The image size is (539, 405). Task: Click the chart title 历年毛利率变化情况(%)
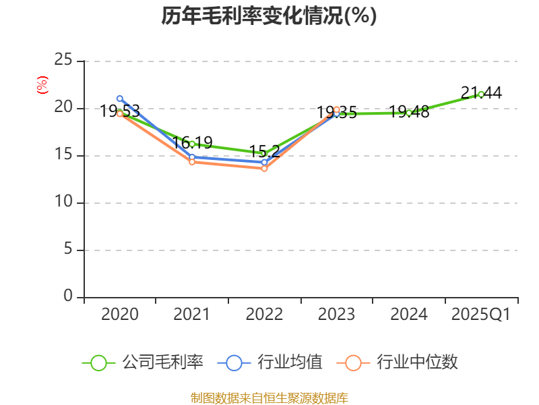(x=269, y=16)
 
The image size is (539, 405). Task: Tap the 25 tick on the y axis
(x=63, y=61)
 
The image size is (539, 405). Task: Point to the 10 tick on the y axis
(x=63, y=202)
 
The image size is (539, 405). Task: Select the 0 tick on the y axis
(x=68, y=296)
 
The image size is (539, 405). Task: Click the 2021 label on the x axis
(x=191, y=315)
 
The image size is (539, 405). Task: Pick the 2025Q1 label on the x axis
(x=481, y=315)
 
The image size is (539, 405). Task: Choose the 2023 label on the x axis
(x=336, y=315)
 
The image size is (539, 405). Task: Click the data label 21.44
(x=481, y=93)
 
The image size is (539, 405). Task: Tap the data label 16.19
(x=192, y=143)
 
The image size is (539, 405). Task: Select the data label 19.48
(x=409, y=112)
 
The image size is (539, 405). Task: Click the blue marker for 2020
(x=120, y=99)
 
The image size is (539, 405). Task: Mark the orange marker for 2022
(x=264, y=169)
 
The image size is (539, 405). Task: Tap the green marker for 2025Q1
(x=481, y=94)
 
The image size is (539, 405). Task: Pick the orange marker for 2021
(x=192, y=162)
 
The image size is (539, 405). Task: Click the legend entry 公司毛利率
(x=143, y=362)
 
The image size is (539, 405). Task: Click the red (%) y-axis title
(x=42, y=84)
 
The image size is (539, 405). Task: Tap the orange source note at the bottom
(x=269, y=398)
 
